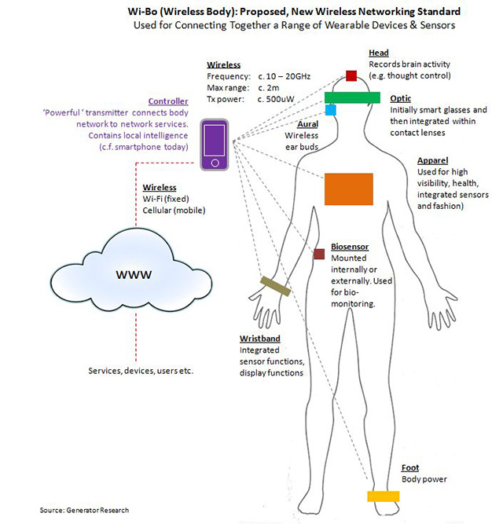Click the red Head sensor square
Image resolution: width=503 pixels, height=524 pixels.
(x=351, y=76)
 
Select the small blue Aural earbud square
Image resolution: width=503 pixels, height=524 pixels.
(x=331, y=111)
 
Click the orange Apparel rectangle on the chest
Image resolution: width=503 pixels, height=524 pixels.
(x=348, y=189)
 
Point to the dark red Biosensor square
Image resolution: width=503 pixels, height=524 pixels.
(x=319, y=254)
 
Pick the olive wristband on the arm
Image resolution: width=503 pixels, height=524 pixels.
(x=276, y=287)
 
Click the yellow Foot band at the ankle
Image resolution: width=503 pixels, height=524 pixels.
(x=384, y=496)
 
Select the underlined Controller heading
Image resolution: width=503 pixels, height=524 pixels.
(x=168, y=101)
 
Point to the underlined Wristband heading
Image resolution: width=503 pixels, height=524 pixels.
(x=259, y=339)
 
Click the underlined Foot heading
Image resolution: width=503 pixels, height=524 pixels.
(x=410, y=467)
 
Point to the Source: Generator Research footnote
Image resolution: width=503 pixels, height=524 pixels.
(x=84, y=510)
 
